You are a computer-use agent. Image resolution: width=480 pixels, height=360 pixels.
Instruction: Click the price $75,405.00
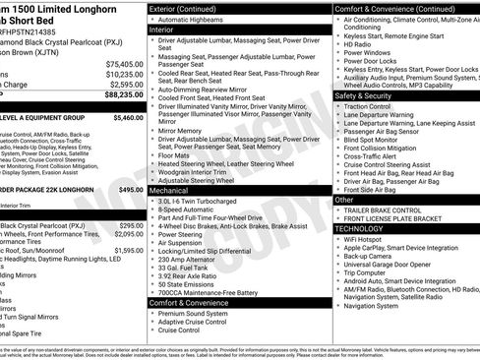point(124,64)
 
